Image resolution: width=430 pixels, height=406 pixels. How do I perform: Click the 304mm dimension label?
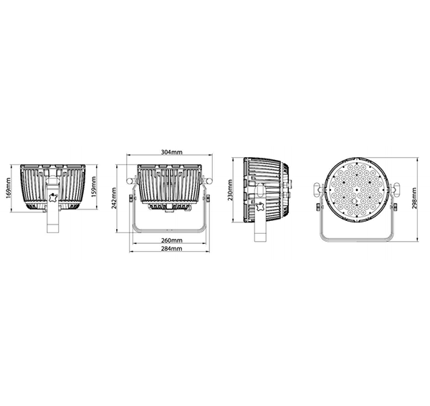point(172,152)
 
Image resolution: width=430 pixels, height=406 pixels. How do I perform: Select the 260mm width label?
point(172,240)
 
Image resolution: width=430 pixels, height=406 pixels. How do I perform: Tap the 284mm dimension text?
point(172,248)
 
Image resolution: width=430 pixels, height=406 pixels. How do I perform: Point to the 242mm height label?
point(114,199)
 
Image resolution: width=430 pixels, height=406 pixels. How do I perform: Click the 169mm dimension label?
point(8,188)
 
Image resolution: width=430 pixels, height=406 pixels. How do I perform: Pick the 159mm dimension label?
point(93,187)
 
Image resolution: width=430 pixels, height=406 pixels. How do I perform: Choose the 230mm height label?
point(230,190)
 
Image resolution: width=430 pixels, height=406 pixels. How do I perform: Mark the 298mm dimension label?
point(414,199)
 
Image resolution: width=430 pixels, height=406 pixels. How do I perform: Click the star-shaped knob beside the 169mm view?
point(52,198)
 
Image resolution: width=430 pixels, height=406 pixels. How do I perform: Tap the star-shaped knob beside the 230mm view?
point(260,207)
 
